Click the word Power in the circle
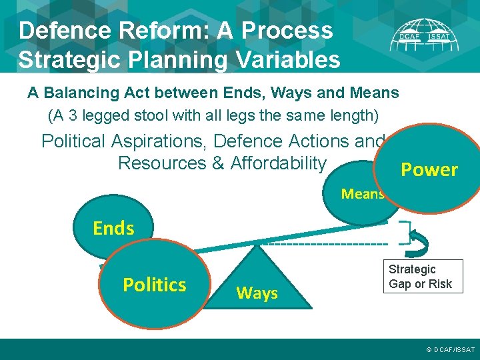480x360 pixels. (429, 170)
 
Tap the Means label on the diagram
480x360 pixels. (362, 194)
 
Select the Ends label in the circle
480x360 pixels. (113, 229)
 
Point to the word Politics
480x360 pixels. (154, 285)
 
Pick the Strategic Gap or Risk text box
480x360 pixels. (420, 277)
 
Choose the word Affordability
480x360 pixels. (278, 163)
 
